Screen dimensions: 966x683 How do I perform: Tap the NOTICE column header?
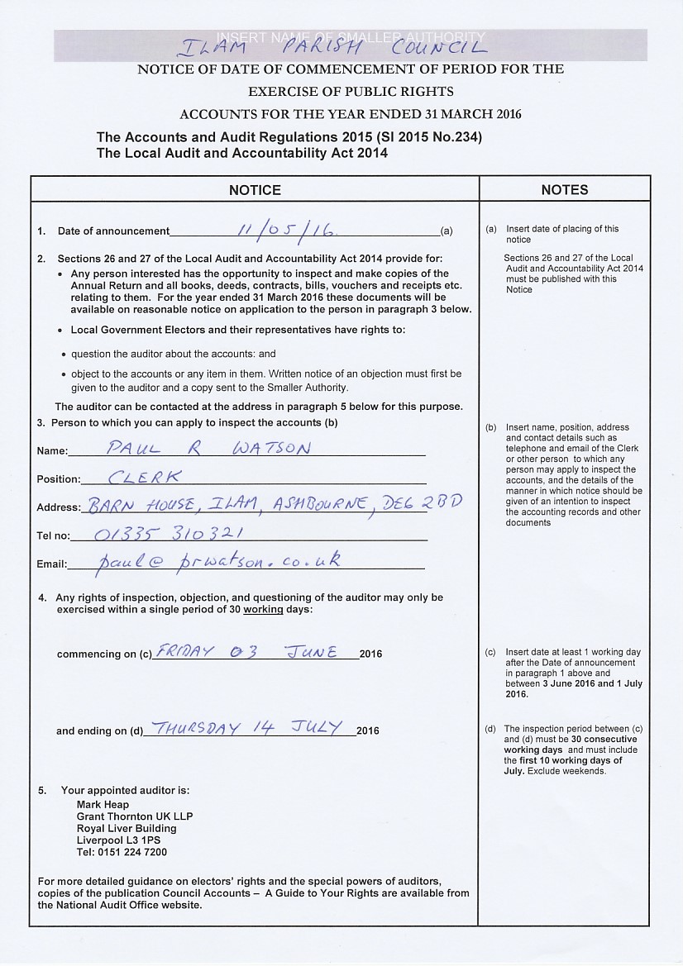point(255,190)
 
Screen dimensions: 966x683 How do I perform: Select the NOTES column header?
point(564,190)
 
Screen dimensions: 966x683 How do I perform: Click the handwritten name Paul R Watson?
point(209,449)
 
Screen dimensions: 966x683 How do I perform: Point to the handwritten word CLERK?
point(145,477)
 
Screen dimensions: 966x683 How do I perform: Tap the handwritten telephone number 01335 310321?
point(168,533)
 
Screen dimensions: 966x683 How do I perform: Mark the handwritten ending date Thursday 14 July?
point(248,728)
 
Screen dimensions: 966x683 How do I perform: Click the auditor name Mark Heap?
point(103,804)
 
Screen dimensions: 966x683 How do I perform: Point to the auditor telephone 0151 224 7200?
point(122,852)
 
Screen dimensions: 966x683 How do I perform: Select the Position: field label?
point(59,479)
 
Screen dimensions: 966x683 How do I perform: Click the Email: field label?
point(51,564)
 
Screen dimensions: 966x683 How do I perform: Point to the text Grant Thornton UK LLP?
point(134,816)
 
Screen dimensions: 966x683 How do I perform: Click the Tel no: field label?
point(54,535)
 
